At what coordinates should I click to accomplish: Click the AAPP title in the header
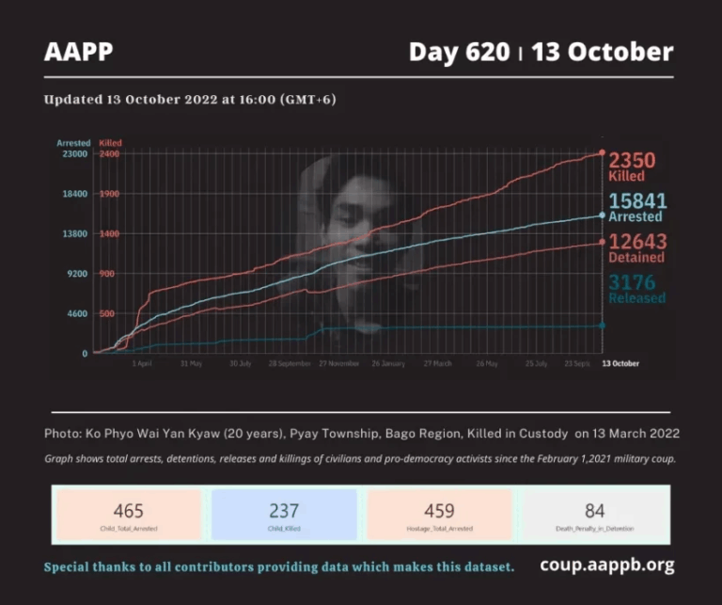(x=78, y=53)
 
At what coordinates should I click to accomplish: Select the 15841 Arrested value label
(x=637, y=207)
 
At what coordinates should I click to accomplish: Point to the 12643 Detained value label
(x=636, y=247)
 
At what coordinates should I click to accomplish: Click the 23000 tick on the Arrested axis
(x=74, y=154)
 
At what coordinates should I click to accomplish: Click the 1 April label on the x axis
(x=142, y=363)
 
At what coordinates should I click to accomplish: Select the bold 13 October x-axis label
(x=620, y=363)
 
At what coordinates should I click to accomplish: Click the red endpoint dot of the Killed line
(x=603, y=152)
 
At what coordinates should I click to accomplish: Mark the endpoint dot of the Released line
(x=603, y=326)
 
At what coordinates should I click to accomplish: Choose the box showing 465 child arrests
(x=128, y=515)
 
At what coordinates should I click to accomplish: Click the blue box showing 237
(x=284, y=515)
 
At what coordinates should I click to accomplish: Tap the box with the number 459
(x=439, y=515)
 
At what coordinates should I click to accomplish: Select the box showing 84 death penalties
(x=594, y=515)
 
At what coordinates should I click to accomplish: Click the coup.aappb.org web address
(x=607, y=565)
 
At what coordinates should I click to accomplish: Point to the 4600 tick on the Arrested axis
(x=76, y=314)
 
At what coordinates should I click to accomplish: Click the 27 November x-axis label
(x=339, y=363)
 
